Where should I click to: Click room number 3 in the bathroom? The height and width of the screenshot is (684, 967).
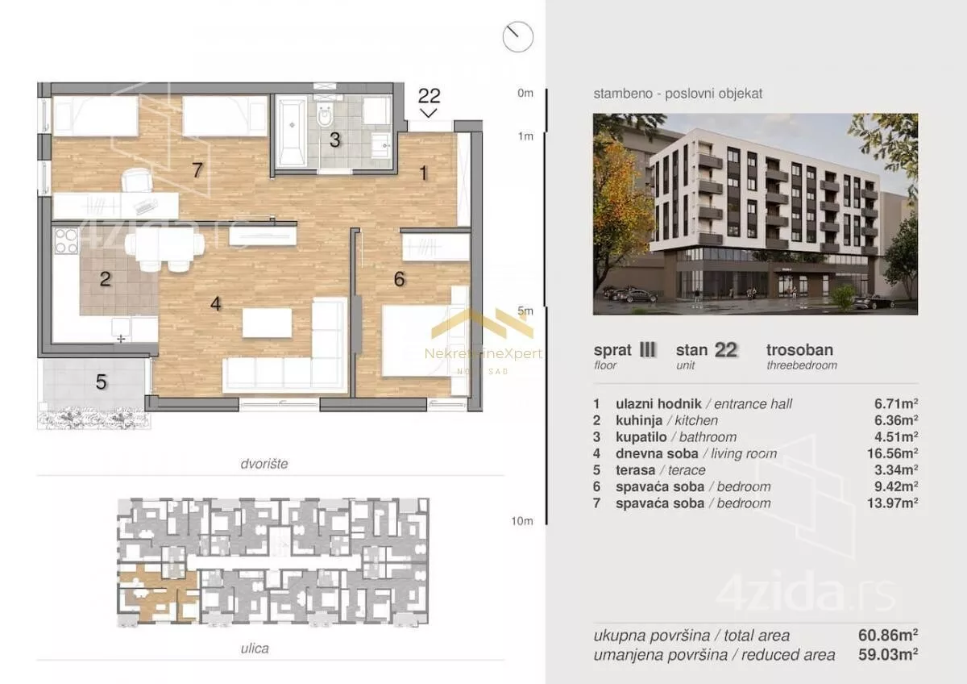(334, 140)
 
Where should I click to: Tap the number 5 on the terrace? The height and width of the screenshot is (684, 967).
(101, 382)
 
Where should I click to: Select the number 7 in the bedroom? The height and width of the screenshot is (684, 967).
(197, 170)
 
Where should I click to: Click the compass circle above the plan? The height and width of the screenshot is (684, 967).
(518, 37)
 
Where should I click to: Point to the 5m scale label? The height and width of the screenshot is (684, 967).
(525, 311)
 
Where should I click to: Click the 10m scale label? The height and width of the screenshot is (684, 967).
(522, 521)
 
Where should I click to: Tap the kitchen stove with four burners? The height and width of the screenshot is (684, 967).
(66, 240)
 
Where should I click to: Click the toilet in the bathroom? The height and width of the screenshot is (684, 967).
(324, 115)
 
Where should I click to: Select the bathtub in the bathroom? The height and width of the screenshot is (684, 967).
(292, 133)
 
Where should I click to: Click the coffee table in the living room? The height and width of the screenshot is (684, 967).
(267, 323)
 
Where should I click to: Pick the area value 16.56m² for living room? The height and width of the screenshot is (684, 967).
(892, 453)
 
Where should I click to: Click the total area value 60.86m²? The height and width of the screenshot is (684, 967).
(888, 635)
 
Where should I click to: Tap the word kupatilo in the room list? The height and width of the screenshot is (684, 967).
(641, 437)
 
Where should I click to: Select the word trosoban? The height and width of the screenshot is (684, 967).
(799, 349)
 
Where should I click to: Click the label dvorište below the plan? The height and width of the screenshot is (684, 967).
(264, 464)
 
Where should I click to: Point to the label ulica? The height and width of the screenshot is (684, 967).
(255, 649)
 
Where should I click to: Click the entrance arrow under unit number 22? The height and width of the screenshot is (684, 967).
(429, 113)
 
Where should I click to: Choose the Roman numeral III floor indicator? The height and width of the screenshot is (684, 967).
(647, 349)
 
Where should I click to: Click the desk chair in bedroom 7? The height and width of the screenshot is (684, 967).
(137, 181)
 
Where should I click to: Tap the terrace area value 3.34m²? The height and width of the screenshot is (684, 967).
(896, 469)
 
